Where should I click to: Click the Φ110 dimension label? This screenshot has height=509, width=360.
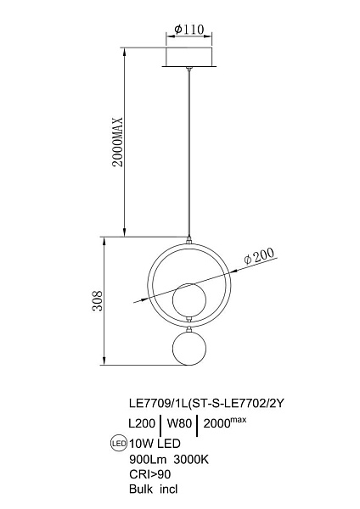(x=188, y=30)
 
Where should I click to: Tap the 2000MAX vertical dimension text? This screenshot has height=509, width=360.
(x=117, y=142)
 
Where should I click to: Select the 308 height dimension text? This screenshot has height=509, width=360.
(x=98, y=300)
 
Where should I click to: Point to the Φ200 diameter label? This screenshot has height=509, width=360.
(x=259, y=256)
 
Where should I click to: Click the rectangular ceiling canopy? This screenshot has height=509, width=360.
(x=188, y=58)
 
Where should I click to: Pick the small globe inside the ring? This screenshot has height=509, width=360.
(x=188, y=299)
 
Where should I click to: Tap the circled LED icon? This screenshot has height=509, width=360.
(x=119, y=443)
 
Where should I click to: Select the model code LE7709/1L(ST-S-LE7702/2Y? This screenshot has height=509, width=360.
(x=206, y=404)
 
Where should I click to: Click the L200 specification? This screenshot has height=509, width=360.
(x=142, y=423)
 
